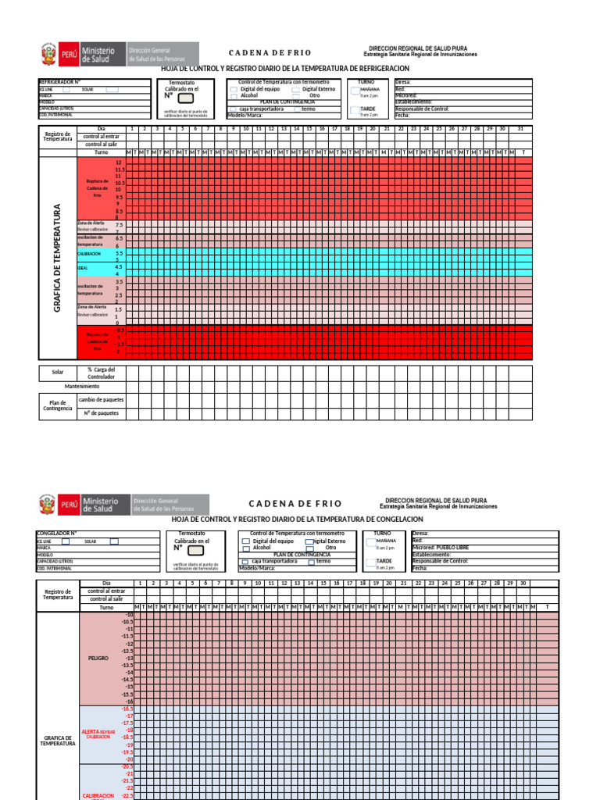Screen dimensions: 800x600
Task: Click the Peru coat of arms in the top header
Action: (x=49, y=54)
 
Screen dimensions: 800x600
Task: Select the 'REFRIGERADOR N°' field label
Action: (x=60, y=81)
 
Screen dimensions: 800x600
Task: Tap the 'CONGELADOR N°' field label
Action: (x=57, y=534)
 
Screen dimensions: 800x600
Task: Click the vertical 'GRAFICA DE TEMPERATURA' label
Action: (x=57, y=259)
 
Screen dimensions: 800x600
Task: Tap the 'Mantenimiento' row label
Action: (x=82, y=386)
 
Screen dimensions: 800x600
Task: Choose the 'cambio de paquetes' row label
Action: (x=101, y=399)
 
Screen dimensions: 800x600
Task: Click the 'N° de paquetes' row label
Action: (x=101, y=412)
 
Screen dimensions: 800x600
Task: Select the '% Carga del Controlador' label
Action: (x=101, y=372)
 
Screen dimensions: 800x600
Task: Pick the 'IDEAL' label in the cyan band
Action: (x=83, y=268)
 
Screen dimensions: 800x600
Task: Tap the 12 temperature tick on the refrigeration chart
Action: (x=119, y=161)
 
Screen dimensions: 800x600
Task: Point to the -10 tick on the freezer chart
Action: (x=130, y=616)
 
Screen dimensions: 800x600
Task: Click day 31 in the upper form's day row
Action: (x=520, y=128)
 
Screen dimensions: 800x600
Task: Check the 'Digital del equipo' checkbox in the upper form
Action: (x=235, y=89)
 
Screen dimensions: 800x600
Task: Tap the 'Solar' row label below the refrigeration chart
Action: (x=58, y=372)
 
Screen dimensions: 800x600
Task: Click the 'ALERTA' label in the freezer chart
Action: (x=91, y=731)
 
